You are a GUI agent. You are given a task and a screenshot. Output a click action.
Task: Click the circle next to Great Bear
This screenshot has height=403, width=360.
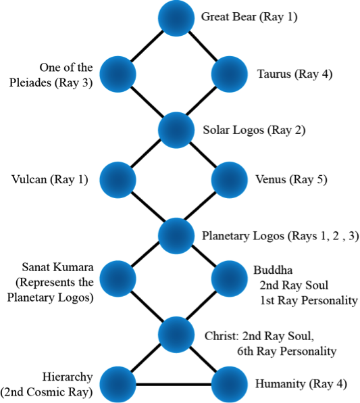176,18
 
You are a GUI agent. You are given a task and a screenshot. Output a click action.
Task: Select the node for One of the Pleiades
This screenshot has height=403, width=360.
118,74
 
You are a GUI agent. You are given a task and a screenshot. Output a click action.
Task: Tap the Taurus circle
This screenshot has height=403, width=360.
229,74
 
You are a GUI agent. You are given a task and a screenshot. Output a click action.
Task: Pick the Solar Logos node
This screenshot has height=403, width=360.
176,130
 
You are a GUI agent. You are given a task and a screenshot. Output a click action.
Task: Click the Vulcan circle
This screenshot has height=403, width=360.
118,180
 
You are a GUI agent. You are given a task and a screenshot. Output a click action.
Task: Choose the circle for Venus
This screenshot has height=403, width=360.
229,180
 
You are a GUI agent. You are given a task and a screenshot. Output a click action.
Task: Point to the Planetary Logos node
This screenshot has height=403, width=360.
176,236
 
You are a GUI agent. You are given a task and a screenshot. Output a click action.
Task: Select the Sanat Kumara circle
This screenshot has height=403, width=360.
118,279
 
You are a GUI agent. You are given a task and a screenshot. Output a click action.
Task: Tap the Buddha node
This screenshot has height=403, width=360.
229,279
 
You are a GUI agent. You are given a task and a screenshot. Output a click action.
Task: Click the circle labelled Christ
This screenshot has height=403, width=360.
176,335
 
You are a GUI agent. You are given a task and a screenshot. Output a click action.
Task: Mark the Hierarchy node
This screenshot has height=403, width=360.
118,385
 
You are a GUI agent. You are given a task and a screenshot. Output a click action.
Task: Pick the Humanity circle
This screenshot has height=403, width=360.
229,385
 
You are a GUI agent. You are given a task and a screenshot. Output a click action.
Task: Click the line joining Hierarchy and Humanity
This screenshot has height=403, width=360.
174,385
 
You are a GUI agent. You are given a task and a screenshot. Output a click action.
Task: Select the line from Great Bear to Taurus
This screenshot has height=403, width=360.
203,46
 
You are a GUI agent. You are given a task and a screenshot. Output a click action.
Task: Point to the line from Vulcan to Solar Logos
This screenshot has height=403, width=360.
146,153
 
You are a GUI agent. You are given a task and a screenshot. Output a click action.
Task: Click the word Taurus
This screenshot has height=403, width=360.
274,74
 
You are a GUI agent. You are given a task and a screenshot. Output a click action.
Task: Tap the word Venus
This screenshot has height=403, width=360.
271,179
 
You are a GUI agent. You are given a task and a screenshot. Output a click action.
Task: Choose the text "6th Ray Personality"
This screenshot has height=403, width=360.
286,351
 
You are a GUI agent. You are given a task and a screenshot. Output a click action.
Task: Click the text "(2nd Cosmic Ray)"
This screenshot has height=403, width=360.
47,392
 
